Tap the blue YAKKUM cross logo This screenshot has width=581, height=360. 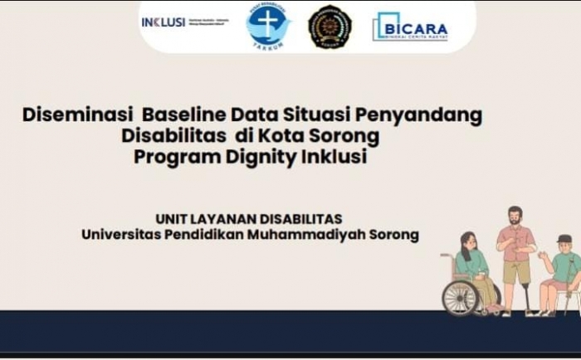(x=268, y=25)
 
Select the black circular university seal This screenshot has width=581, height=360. (x=330, y=27)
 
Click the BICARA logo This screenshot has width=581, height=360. (x=410, y=27)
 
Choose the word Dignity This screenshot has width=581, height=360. (x=258, y=157)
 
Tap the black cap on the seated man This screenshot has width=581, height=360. (x=564, y=239)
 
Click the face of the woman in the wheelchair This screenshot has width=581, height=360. (x=469, y=244)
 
